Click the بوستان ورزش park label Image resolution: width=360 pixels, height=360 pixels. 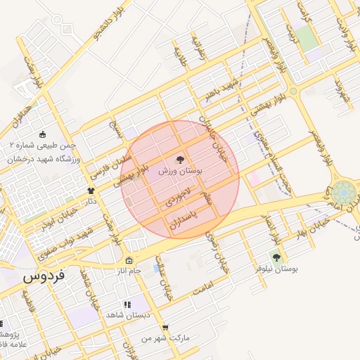point(180,171)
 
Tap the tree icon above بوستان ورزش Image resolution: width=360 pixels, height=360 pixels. point(180,160)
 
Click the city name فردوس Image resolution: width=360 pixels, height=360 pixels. point(44,276)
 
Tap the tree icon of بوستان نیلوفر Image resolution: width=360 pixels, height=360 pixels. point(276,258)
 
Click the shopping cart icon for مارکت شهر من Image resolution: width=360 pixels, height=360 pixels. point(165,328)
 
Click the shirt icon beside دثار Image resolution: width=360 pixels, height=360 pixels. point(91,191)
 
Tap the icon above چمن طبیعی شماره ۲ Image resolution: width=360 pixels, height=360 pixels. point(43,134)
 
